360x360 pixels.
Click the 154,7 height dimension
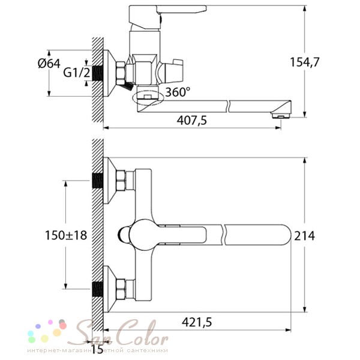tap(304, 62)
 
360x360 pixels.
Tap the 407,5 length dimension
tap(192, 121)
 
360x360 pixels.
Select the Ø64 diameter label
tap(49, 63)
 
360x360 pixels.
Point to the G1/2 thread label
tap(77, 73)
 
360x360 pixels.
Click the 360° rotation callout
tap(178, 92)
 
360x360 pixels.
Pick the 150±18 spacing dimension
tap(66, 235)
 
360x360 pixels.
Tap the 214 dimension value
tap(304, 236)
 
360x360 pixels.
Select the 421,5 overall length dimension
tap(197, 322)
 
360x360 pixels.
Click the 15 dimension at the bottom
tap(97, 349)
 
